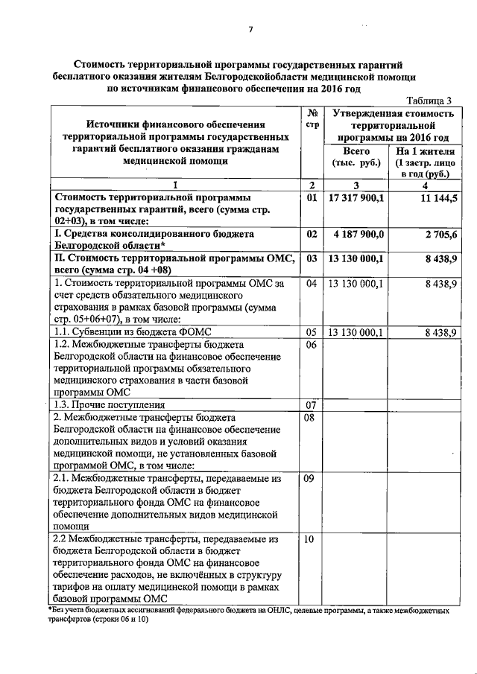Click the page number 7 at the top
[250, 29]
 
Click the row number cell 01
[312, 199]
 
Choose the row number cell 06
[312, 345]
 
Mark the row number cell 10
[312, 538]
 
